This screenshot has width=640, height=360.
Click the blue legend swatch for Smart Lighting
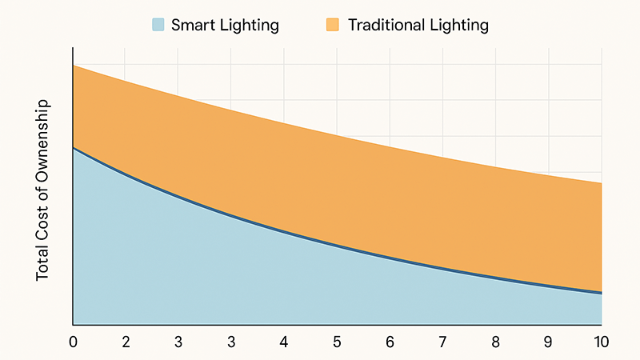(x=157, y=25)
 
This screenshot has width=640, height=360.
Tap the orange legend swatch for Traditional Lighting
(x=333, y=25)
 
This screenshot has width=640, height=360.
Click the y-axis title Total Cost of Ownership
(x=43, y=189)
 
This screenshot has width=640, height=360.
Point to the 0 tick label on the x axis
(x=74, y=342)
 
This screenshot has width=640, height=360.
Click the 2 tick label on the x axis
(x=126, y=342)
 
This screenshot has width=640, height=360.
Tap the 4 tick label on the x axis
(x=283, y=342)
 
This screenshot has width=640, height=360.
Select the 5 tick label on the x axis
(x=336, y=342)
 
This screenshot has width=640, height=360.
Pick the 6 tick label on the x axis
(x=390, y=342)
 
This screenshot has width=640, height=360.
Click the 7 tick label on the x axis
(x=442, y=342)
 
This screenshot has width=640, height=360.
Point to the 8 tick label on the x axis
(x=495, y=342)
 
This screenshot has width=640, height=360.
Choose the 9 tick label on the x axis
(x=548, y=342)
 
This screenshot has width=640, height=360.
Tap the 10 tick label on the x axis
(x=599, y=342)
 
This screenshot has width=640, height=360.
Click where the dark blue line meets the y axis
(x=74, y=148)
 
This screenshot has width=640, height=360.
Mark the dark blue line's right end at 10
(x=601, y=292)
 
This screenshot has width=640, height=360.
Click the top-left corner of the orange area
(x=74, y=66)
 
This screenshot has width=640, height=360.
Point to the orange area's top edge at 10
(x=601, y=183)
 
